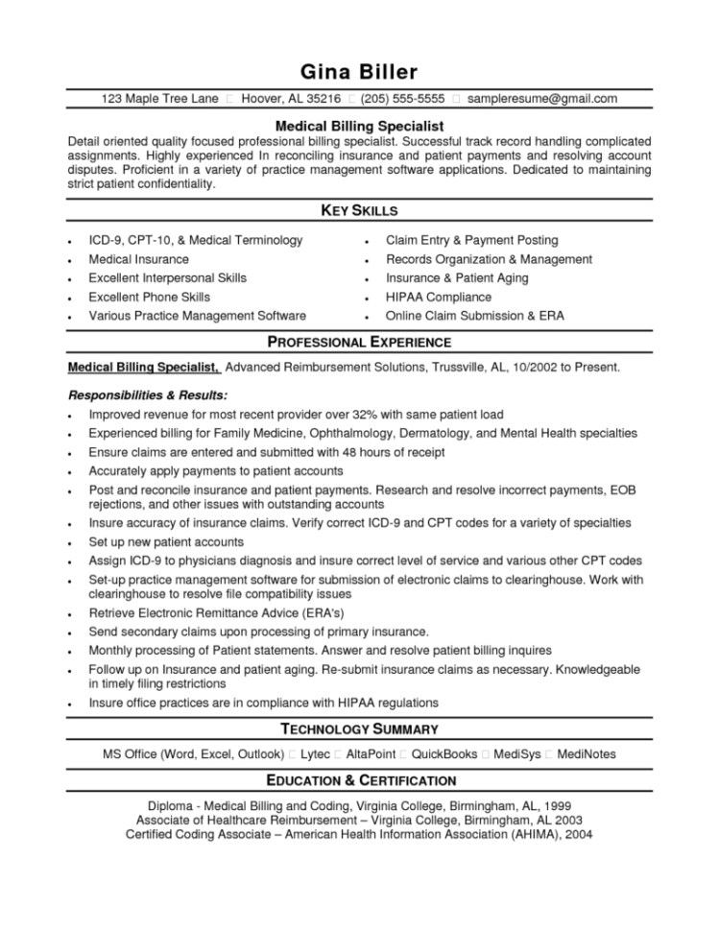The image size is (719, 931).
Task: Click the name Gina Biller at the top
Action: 359,72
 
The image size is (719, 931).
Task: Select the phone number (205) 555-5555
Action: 403,99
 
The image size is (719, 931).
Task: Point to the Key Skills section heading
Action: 359,209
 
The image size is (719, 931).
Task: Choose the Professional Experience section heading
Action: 359,342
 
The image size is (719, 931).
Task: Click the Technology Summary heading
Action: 359,728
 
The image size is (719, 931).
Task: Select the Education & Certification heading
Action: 359,780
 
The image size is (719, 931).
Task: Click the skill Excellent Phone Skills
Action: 149,297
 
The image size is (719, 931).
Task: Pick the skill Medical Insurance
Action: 138,259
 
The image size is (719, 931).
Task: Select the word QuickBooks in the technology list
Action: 443,754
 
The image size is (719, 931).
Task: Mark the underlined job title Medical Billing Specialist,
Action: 144,367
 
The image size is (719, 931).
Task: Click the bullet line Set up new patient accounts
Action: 166,541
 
